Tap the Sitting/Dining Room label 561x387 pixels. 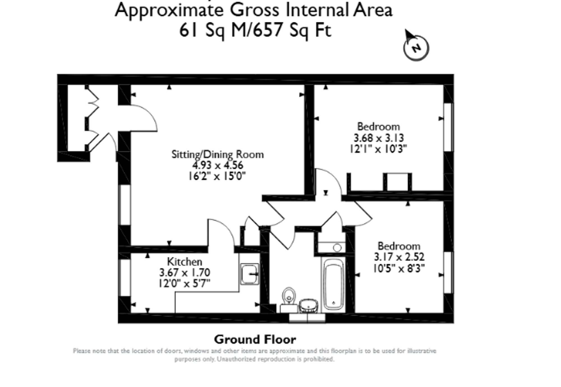[x=218, y=154]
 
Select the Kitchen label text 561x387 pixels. [x=185, y=262]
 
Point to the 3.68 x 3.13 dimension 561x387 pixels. [x=379, y=138]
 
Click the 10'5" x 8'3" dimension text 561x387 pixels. [x=399, y=268]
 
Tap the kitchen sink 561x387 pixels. [x=250, y=274]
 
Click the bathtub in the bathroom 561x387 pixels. [x=333, y=284]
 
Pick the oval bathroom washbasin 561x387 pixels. [x=308, y=306]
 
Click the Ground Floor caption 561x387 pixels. [x=255, y=340]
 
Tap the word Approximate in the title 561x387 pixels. [x=169, y=10]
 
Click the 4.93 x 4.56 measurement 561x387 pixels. [x=218, y=165]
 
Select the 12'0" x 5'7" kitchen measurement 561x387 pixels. [x=184, y=283]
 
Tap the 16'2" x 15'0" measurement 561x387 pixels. [x=217, y=176]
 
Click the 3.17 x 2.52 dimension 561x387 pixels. [x=399, y=257]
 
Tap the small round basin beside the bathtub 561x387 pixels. [x=337, y=248]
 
